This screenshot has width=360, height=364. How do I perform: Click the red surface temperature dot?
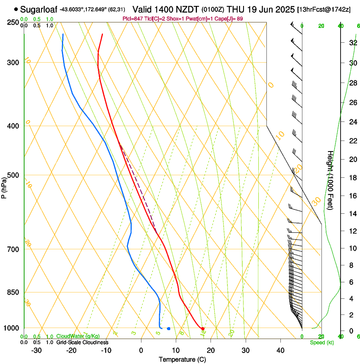point(203,328)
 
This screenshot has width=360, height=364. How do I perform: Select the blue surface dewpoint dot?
point(169,328)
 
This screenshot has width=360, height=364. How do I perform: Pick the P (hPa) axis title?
point(4,186)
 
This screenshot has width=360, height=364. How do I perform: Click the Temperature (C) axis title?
point(182,359)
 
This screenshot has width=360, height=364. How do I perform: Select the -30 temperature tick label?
point(36,350)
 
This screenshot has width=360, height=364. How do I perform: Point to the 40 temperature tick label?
point(280,350)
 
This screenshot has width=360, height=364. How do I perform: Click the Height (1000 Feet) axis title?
point(330,182)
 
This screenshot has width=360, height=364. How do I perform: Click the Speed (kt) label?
point(321,342)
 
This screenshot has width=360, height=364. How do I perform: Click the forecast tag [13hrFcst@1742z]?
point(324,9)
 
